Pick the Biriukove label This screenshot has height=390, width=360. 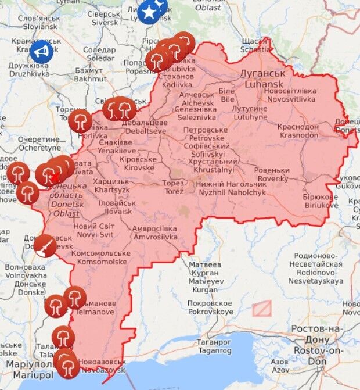(x=319, y=201)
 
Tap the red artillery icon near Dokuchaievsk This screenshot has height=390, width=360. (x=45, y=246)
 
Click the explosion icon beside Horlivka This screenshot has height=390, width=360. (x=80, y=122)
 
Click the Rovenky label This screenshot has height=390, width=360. (x=273, y=174)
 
